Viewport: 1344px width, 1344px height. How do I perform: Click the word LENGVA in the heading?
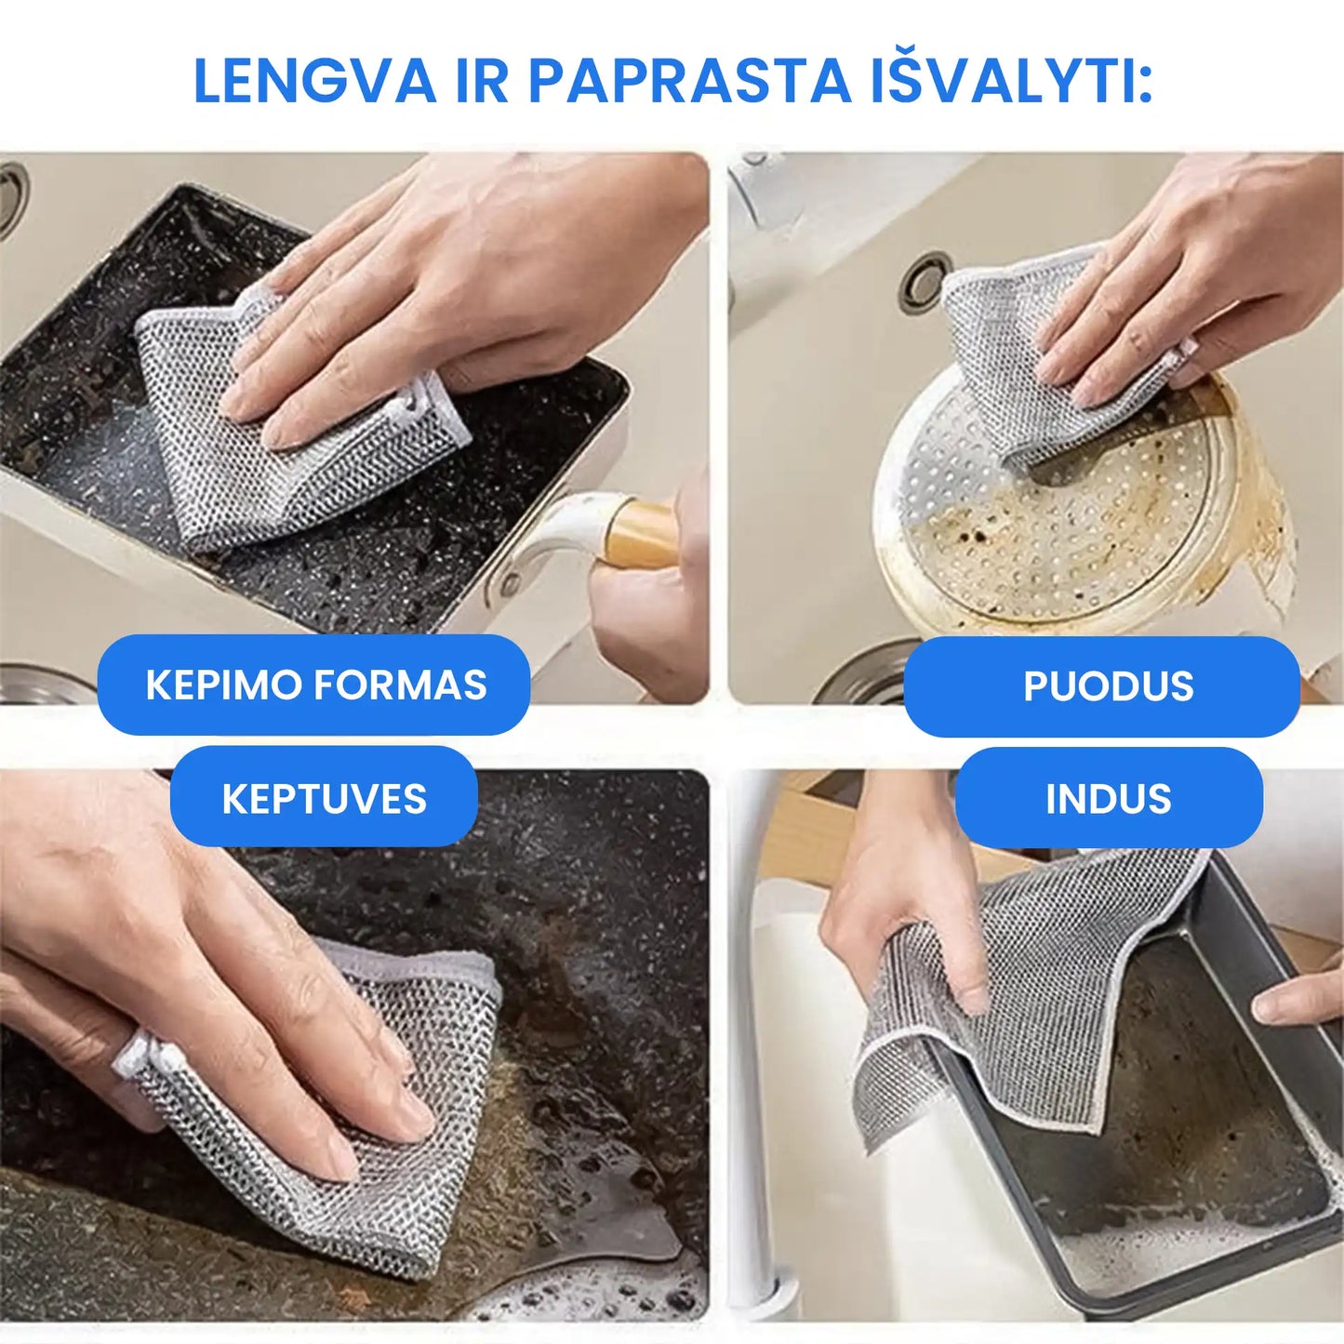click(314, 81)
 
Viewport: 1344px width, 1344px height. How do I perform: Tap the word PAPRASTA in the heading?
click(689, 81)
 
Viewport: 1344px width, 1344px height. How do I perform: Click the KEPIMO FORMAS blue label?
click(313, 685)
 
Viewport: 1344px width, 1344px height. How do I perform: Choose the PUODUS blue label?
click(1101, 686)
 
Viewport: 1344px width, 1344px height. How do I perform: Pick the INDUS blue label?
click(1109, 799)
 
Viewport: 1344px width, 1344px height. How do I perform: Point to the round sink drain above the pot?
click(925, 281)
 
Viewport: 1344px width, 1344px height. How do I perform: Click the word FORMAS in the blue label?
click(400, 685)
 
